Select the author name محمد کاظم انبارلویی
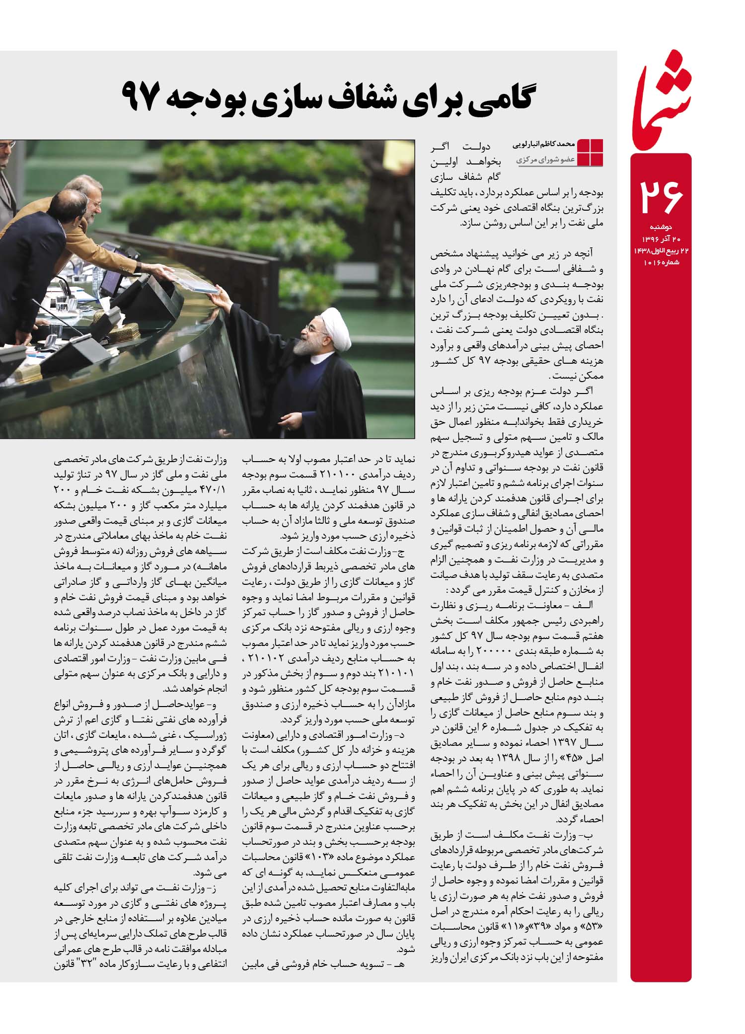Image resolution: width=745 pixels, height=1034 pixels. (x=543, y=144)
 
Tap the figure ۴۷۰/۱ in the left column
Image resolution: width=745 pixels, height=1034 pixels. (x=211, y=489)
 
